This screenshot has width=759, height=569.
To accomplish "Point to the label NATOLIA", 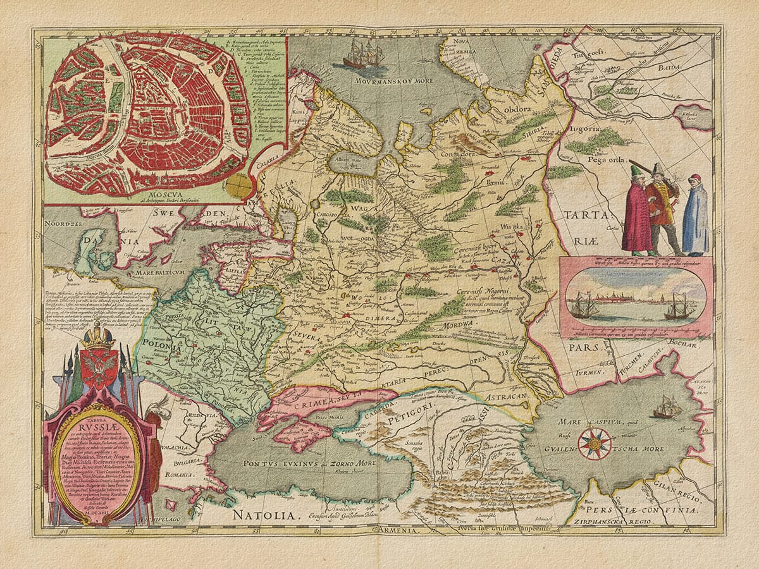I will click(x=264, y=515).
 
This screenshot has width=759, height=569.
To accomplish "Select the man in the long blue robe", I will click(x=695, y=215).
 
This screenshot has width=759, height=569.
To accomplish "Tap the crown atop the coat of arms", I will click(x=99, y=335).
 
